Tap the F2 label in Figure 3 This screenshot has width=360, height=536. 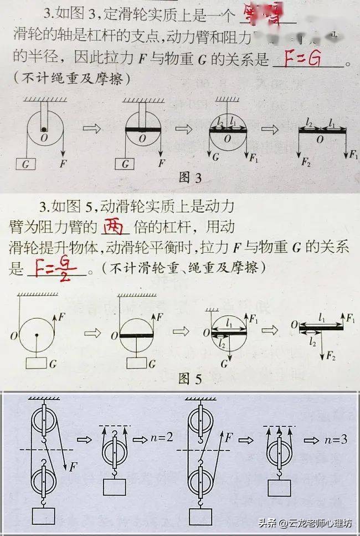[x=305, y=163]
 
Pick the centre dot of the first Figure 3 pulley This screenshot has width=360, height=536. [x=43, y=130]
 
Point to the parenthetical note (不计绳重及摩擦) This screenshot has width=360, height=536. [x=70, y=79]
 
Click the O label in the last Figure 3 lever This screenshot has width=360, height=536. [x=320, y=140]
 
